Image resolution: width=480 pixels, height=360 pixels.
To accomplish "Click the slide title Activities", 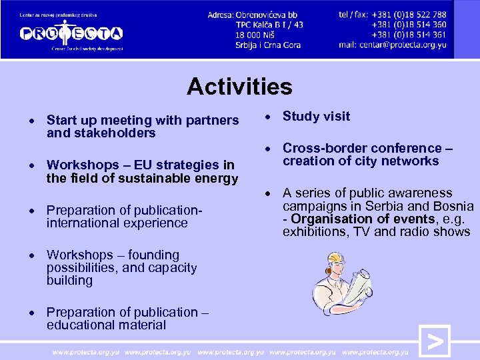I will pyautogui.click(x=239, y=87).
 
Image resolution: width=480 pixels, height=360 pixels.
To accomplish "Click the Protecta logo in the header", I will pyautogui.click(x=71, y=32).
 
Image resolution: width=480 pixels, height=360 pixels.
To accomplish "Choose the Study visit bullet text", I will pyautogui.click(x=316, y=117).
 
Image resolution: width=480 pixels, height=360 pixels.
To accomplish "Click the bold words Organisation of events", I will pyautogui.click(x=363, y=219).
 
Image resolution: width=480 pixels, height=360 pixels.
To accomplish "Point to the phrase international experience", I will pyautogui.click(x=117, y=223).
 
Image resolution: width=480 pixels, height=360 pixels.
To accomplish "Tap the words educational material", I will pyautogui.click(x=106, y=325).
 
